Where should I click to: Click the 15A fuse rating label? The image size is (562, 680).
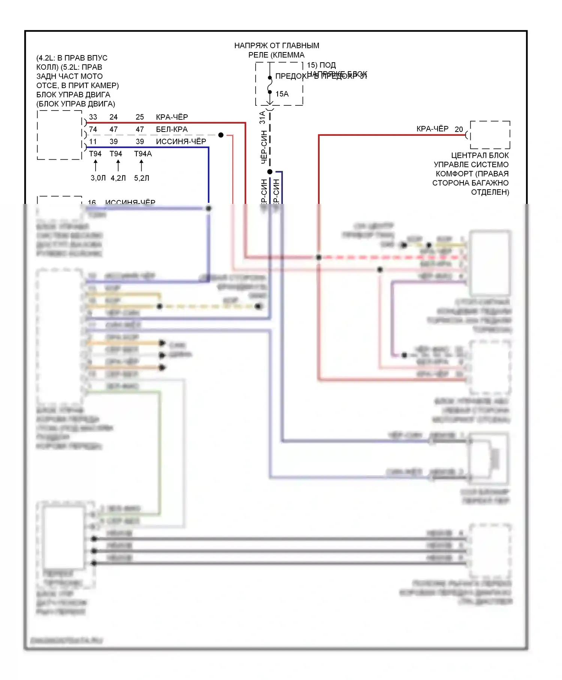pyautogui.click(x=282, y=94)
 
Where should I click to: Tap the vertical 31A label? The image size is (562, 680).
pyautogui.click(x=263, y=117)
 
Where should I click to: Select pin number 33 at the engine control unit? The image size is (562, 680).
pyautogui.click(x=93, y=117)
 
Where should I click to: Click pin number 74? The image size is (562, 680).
pyautogui.click(x=93, y=129)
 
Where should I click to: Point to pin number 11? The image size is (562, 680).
pyautogui.click(x=93, y=142)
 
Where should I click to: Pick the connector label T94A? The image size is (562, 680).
pyautogui.click(x=143, y=154)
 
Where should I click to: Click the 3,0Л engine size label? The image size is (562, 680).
pyautogui.click(x=98, y=178)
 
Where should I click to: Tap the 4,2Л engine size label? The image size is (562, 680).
pyautogui.click(x=118, y=178)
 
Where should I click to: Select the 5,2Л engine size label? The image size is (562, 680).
pyautogui.click(x=142, y=178)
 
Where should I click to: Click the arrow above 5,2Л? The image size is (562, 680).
pyautogui.click(x=141, y=165)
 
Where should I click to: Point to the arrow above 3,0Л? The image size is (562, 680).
pyautogui.click(x=96, y=165)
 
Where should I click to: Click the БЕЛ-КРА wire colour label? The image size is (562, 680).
pyautogui.click(x=172, y=129)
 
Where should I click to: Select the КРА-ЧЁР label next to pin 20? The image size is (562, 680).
pyautogui.click(x=432, y=129)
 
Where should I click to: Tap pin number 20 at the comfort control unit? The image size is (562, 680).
pyautogui.click(x=459, y=129)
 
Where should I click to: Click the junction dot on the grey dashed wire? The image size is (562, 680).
pyautogui.click(x=221, y=135)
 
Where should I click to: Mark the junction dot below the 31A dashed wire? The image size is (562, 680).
pyautogui.click(x=270, y=172)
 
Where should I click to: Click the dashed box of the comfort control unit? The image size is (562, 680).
pyautogui.click(x=490, y=135)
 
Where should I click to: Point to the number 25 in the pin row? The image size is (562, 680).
pyautogui.click(x=140, y=117)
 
